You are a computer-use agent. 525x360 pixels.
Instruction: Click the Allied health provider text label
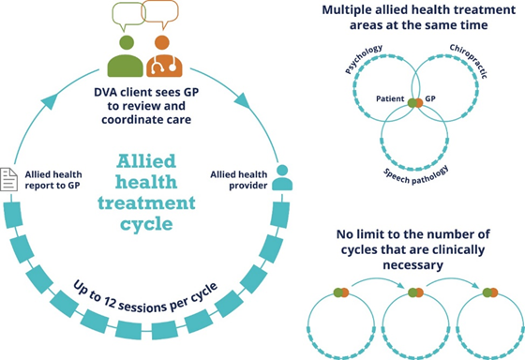click(x=239, y=176)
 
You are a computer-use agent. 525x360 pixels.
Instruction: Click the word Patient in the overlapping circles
click(x=389, y=98)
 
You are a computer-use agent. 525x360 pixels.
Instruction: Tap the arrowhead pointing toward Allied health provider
click(x=247, y=101)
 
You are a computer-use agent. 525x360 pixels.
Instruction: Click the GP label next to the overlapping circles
click(x=431, y=98)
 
